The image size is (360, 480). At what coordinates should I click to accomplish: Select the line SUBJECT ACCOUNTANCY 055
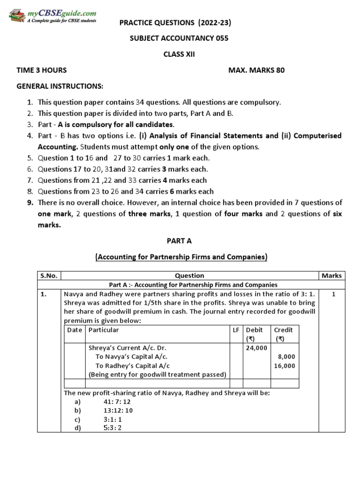point(179,38)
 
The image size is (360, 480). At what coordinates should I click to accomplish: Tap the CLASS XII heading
point(179,54)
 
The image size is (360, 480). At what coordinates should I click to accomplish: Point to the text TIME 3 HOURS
point(42,70)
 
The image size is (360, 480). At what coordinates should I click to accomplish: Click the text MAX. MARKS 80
point(256,70)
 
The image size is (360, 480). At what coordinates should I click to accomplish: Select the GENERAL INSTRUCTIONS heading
point(60,86)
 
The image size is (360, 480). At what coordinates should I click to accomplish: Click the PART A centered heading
point(180,241)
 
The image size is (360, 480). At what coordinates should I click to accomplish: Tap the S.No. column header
point(48,276)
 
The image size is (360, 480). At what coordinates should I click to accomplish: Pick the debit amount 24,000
point(256,348)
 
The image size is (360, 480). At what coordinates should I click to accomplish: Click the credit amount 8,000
point(286,357)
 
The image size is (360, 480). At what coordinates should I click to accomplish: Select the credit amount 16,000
point(285,366)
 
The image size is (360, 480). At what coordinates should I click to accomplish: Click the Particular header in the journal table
point(104,330)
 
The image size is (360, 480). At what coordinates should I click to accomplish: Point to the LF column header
point(236,330)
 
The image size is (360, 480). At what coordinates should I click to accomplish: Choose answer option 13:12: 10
point(118,410)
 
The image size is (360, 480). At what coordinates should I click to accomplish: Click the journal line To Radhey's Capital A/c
point(133,366)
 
